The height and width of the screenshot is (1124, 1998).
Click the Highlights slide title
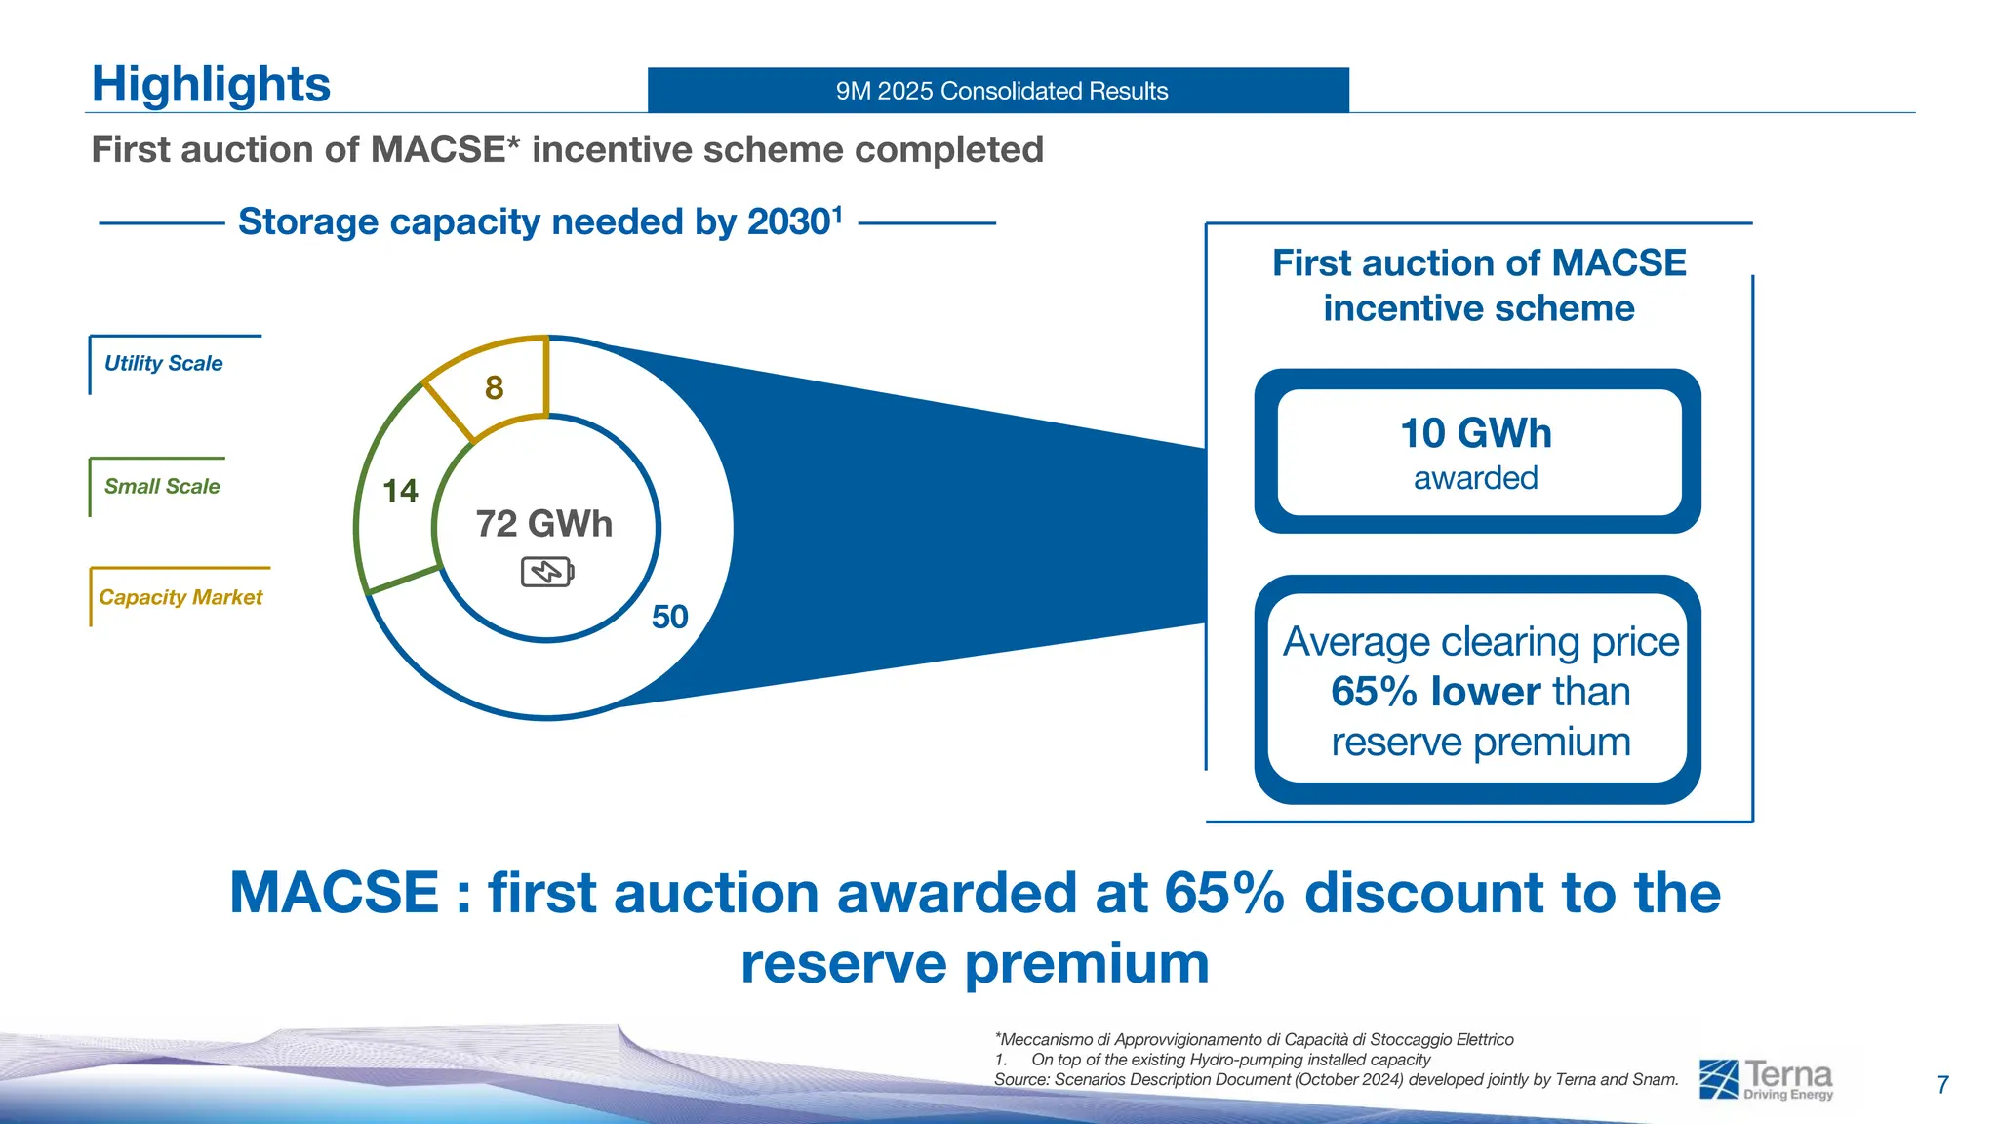[x=211, y=84]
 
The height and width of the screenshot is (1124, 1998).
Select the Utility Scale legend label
[x=164, y=363]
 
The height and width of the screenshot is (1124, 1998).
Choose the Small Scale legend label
[x=162, y=486]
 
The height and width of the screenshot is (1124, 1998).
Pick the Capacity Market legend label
[x=180, y=597]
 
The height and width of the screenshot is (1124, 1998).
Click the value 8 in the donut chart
[x=495, y=388]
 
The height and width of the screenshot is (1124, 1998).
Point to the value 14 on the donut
[x=400, y=491]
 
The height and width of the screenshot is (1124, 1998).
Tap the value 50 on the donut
[x=669, y=617]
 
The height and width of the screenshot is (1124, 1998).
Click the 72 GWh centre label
[x=544, y=524]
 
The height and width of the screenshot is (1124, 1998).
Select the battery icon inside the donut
[x=547, y=572]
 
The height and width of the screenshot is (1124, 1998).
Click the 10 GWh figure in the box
[x=1475, y=433]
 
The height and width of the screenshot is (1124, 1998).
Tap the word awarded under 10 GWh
[x=1475, y=478]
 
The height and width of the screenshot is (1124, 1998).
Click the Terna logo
[x=1766, y=1079]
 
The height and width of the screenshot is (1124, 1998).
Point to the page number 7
[x=1942, y=1085]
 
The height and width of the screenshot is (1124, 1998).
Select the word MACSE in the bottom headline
[x=335, y=893]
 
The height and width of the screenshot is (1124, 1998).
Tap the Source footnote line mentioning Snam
[x=1336, y=1079]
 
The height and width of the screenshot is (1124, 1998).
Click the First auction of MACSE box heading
[x=1478, y=285]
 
